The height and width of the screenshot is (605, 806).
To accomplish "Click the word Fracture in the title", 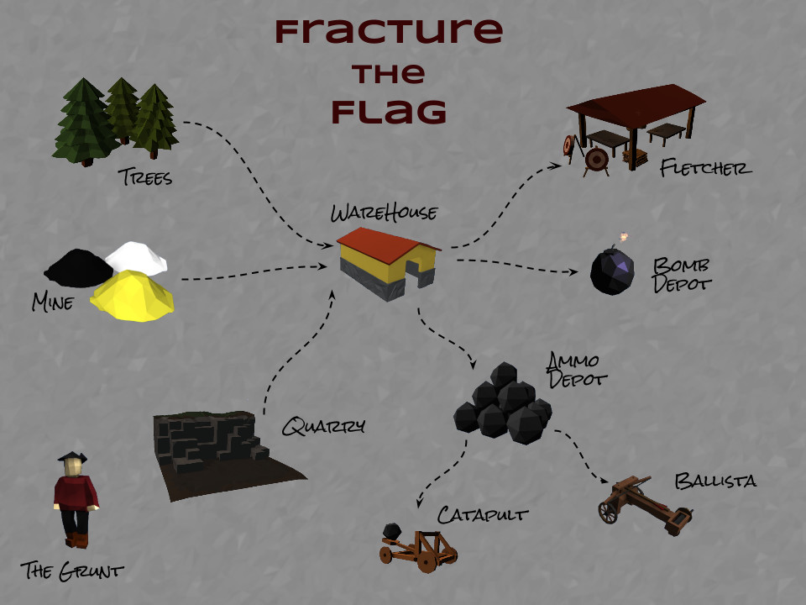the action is [389, 32].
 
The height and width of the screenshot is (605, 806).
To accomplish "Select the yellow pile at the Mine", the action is [133, 296].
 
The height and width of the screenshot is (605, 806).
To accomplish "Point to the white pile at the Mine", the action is [136, 256].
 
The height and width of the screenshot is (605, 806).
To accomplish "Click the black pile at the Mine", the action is [79, 268].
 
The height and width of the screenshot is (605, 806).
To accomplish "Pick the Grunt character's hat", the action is [72, 456].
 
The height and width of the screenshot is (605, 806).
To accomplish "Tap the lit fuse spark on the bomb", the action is [624, 237].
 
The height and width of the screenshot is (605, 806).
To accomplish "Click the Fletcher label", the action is [706, 168].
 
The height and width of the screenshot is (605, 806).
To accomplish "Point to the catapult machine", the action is [418, 548].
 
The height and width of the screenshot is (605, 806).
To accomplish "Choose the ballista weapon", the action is [646, 505].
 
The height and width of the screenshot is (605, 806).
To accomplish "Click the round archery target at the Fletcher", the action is [597, 159].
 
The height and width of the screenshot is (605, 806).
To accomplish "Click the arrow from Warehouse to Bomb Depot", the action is [516, 265].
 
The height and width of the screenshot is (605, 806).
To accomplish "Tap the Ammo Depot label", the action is [576, 371].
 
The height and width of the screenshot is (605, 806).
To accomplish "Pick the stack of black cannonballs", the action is [503, 403].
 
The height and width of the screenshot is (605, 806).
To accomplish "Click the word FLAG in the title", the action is [389, 112].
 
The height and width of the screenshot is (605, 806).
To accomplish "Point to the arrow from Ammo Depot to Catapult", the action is [446, 473].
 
